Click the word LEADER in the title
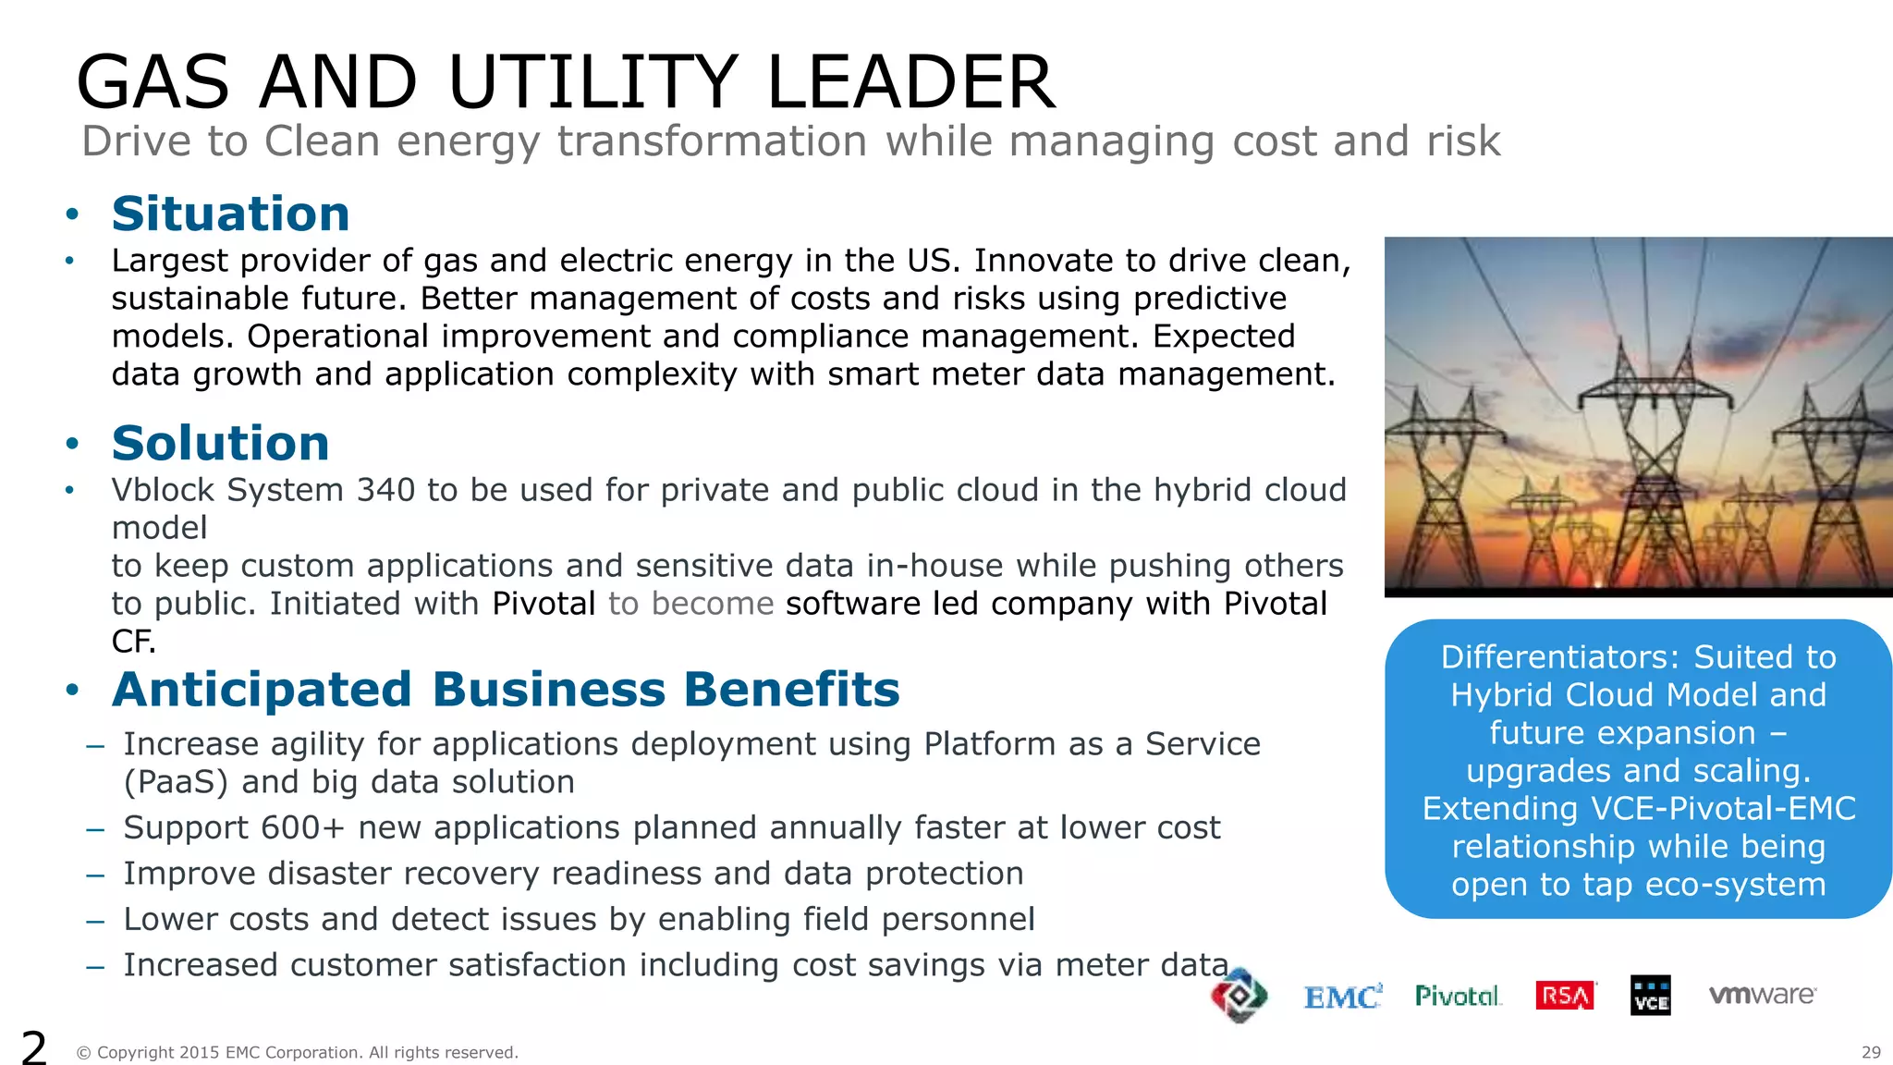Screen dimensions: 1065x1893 [910, 83]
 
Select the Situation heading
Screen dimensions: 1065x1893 [230, 214]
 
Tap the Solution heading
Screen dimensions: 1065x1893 [220, 444]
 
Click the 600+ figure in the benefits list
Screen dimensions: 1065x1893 [302, 827]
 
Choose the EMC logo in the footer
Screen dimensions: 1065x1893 [1342, 997]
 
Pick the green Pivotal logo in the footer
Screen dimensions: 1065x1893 [1458, 996]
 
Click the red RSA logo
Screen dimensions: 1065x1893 [1565, 996]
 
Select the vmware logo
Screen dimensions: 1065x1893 [1762, 995]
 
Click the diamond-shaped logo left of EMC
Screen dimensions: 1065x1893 [1239, 996]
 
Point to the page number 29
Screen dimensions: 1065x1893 [1871, 1052]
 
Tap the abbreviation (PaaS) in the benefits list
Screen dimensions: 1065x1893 [176, 782]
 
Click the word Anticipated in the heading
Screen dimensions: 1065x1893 [262, 690]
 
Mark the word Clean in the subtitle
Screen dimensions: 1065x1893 [323, 141]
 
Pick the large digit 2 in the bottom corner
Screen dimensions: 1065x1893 [33, 1047]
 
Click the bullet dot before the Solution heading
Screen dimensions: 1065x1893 [72, 445]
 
